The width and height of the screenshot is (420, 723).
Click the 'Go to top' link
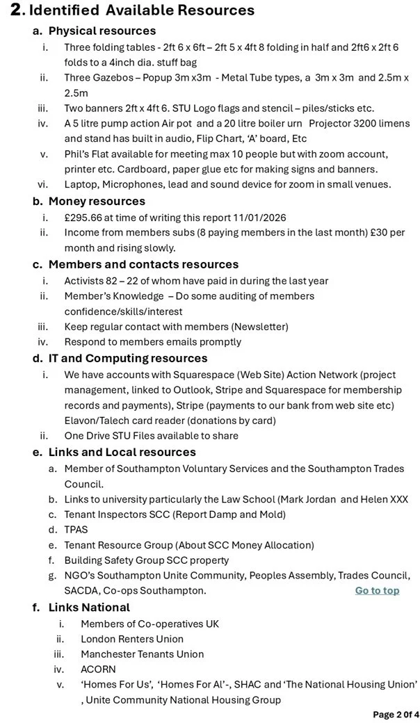[377, 590]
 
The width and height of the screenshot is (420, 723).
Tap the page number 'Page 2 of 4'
[396, 714]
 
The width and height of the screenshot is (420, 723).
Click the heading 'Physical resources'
[102, 31]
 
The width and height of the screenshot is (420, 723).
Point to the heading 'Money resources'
[97, 201]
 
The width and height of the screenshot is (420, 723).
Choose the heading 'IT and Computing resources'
[128, 358]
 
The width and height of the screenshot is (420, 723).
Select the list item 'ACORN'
[98, 669]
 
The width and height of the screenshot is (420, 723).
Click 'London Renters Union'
[132, 639]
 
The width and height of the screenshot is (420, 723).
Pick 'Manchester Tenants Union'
[143, 654]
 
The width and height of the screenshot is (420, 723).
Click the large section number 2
[17, 10]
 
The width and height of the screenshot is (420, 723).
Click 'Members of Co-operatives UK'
[150, 624]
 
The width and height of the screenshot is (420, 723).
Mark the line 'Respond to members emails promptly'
[153, 342]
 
